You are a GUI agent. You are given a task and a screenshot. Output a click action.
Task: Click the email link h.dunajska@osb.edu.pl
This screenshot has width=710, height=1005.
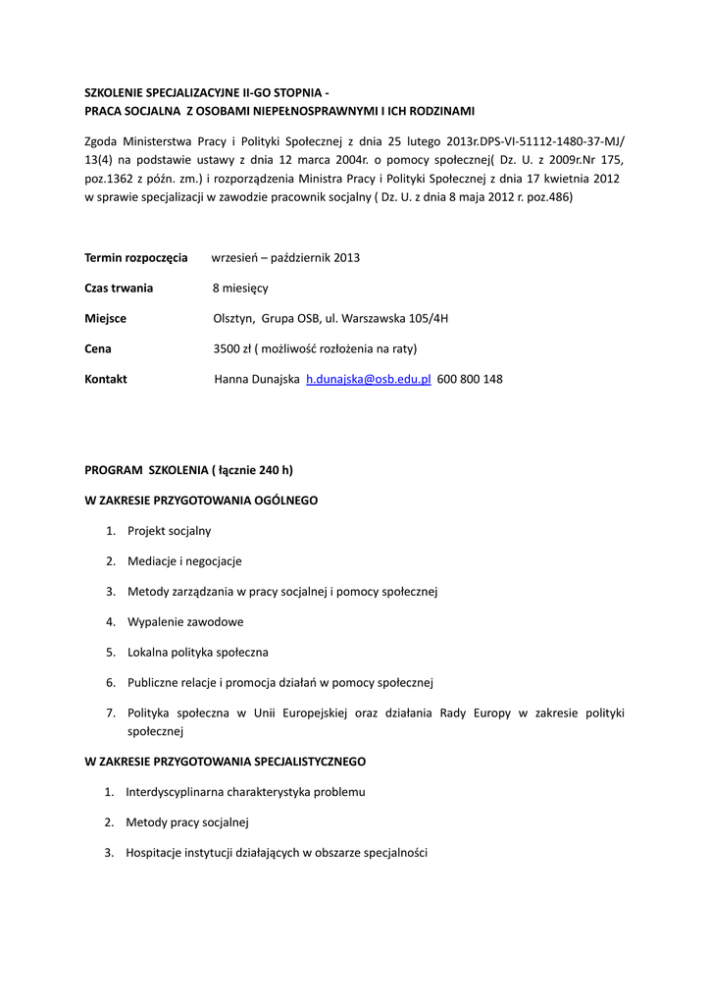tap(369, 379)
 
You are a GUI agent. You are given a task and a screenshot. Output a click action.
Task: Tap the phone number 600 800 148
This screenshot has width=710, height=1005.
tap(470, 379)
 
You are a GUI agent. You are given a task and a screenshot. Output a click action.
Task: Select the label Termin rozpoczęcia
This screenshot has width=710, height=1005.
tap(136, 258)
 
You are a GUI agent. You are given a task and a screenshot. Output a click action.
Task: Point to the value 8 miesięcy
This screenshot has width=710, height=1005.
tap(240, 289)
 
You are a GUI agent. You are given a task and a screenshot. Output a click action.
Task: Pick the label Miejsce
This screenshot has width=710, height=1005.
tap(106, 319)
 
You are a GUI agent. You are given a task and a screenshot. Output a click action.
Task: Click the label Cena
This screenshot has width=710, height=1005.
tap(98, 348)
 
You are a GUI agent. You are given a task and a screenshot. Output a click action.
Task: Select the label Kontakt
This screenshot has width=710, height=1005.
tap(106, 379)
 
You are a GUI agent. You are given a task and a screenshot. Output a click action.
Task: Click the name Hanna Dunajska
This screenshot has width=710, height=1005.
tap(257, 379)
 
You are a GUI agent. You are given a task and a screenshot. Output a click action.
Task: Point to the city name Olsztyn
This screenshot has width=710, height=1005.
tap(233, 319)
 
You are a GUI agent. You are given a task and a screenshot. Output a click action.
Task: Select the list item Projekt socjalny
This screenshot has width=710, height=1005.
tap(169, 531)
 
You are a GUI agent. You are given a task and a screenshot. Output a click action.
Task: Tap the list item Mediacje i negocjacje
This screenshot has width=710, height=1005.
tap(184, 561)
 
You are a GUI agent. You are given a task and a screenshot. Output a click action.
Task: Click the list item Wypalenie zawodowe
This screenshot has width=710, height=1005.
tap(185, 622)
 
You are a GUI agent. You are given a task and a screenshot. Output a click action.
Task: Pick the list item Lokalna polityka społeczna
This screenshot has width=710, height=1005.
tap(198, 652)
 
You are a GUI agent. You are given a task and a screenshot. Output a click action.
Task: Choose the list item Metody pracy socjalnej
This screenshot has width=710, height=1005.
tap(187, 822)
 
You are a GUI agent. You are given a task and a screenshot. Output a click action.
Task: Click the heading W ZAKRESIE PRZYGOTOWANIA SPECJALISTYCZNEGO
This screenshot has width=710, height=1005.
tap(226, 762)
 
